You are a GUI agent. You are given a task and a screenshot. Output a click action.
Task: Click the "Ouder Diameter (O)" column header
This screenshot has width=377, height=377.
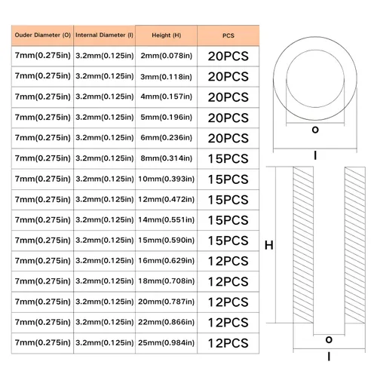[x=42, y=35]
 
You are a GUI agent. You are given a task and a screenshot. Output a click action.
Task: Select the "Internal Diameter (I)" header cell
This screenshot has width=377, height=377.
[x=104, y=35]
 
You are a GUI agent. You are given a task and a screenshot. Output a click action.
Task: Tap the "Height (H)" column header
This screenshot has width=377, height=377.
[x=167, y=35]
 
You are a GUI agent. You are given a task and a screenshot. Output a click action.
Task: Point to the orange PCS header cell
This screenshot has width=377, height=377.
[x=228, y=35]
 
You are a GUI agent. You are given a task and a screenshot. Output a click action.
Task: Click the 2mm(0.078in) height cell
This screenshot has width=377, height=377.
[x=167, y=56]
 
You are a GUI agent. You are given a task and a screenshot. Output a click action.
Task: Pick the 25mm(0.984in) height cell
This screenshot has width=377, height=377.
[x=167, y=343]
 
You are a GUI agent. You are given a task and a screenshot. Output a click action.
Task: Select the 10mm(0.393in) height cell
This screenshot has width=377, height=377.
[x=167, y=179]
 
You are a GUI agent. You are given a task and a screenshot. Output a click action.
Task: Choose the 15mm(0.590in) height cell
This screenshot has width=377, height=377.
[x=167, y=241]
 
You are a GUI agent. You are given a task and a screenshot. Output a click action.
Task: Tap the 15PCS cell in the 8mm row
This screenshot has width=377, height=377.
[x=228, y=158]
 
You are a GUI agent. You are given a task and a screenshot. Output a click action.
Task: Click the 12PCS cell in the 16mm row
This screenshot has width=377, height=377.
[x=228, y=261]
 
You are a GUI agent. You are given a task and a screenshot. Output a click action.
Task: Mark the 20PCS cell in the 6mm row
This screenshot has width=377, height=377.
[x=228, y=138]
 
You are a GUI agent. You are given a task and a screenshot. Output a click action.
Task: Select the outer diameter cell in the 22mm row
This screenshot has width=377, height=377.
[x=42, y=322]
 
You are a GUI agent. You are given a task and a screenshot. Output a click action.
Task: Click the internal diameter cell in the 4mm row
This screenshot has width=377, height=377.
[x=104, y=97]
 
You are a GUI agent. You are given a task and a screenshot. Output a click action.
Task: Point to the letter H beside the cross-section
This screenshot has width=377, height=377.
[x=269, y=245]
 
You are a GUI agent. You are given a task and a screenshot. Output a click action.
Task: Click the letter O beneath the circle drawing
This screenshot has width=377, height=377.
[x=315, y=130]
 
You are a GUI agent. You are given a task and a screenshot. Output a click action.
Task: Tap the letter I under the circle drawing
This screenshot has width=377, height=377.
[x=315, y=155]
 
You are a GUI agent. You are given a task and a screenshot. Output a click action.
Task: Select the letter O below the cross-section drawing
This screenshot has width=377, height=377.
[x=329, y=340]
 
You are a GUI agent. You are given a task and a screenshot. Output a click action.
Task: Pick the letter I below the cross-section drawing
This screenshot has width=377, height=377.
[x=329, y=357]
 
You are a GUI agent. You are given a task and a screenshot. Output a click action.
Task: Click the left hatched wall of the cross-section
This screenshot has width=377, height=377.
[x=303, y=245]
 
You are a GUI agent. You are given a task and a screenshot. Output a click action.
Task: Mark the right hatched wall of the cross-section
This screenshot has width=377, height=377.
[x=355, y=245]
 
